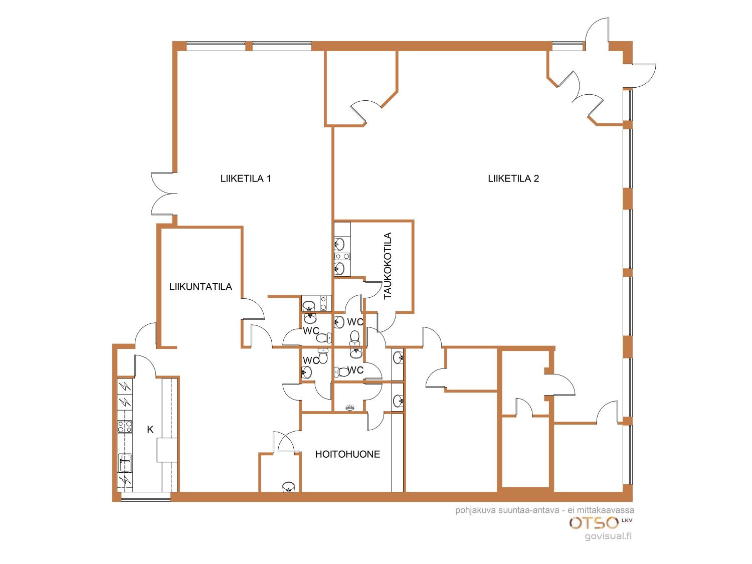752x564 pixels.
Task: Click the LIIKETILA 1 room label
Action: [x=246, y=178]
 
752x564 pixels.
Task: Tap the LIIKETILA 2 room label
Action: [x=513, y=178]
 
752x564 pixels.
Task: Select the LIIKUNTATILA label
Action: [x=201, y=287]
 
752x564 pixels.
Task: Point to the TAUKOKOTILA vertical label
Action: [x=388, y=266]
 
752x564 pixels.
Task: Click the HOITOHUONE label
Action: [x=347, y=454]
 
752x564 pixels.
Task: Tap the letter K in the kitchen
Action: [x=150, y=430]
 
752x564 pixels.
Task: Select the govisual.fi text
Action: [x=608, y=536]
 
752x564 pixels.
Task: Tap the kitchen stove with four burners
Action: [x=125, y=427]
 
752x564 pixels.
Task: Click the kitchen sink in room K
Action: [x=125, y=463]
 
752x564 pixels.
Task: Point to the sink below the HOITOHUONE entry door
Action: [x=288, y=487]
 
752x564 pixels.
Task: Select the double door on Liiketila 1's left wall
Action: [x=164, y=194]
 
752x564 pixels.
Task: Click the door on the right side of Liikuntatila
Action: [x=253, y=309]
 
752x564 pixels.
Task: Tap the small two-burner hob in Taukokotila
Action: [x=342, y=256]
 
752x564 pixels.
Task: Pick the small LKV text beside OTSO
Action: [x=627, y=520]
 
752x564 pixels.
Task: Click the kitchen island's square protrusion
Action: [x=167, y=450]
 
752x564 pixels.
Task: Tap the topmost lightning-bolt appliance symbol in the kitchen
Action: [x=125, y=386]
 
